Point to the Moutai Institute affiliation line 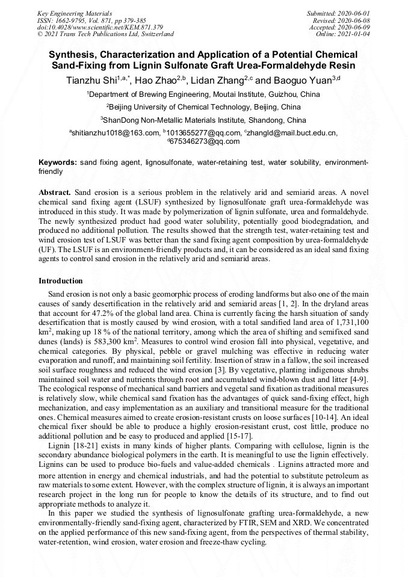(x=203, y=94)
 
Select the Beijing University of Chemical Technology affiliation (x=203, y=107)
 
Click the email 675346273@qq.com (x=205, y=141)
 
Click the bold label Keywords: (x=58, y=163)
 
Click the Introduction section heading (x=61, y=281)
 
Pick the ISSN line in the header (x=91, y=20)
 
